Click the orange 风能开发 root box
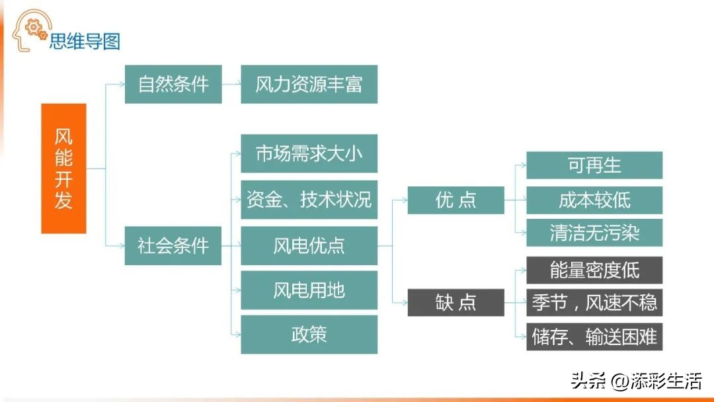pos(63,169)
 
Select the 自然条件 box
pos(173,84)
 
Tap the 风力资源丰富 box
pos(309,84)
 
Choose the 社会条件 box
pos(173,246)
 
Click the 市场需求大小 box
pos(309,153)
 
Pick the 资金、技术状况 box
pos(309,200)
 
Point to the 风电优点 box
pos(309,246)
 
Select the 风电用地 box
pos(309,290)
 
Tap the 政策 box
pos(309,335)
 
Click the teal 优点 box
pos(456,200)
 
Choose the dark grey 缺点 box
pos(456,302)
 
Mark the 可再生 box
pos(594,165)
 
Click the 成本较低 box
pos(594,200)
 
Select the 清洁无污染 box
pos(594,233)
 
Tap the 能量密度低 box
pos(594,270)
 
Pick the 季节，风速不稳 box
pos(594,302)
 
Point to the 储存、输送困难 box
pos(594,337)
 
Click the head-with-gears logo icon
pos(31,30)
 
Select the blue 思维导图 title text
pos(85,42)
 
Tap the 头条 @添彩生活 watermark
pos(636,381)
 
